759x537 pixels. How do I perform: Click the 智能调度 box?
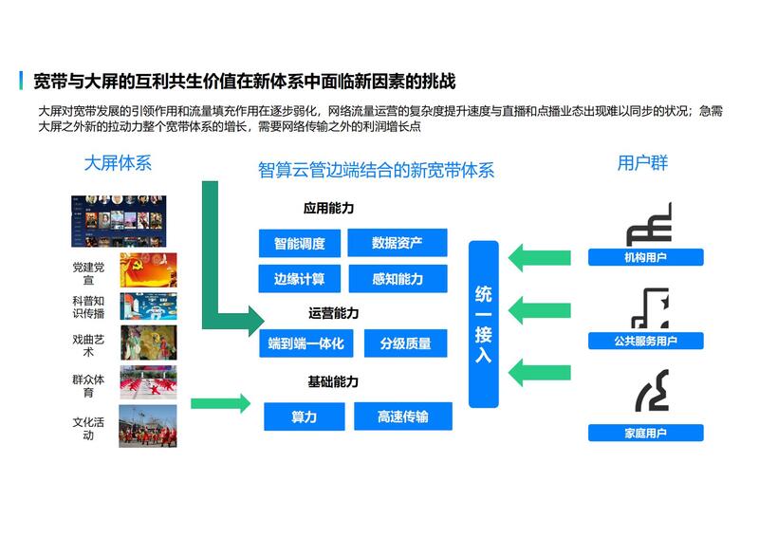[300, 243]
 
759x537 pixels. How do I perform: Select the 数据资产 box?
[398, 243]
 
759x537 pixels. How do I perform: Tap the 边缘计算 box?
[300, 278]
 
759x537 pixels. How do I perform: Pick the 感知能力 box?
[398, 278]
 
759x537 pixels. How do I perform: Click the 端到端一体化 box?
[305, 343]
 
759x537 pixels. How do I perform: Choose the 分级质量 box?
[406, 343]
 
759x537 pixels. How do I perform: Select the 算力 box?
[305, 417]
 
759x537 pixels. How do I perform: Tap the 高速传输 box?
[403, 416]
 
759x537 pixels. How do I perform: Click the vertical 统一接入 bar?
[484, 324]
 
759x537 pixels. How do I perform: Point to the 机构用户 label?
[646, 257]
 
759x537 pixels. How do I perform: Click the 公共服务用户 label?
[646, 341]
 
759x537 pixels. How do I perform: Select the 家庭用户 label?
[646, 433]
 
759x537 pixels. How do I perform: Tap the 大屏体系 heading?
[118, 163]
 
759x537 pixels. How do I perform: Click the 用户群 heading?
[643, 162]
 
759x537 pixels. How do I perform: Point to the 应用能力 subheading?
[328, 208]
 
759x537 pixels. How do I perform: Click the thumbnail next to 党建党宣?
[148, 270]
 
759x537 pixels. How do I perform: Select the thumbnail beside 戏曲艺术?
[149, 343]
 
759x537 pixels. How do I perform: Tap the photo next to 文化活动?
[148, 426]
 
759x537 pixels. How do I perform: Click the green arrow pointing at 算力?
[221, 403]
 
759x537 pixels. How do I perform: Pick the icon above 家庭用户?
[653, 391]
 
